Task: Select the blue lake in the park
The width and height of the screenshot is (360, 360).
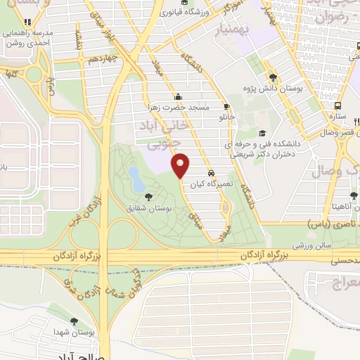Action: click(134, 174)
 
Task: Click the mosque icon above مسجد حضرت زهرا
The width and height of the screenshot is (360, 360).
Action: click(179, 98)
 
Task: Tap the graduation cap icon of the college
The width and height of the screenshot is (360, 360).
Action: click(262, 133)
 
